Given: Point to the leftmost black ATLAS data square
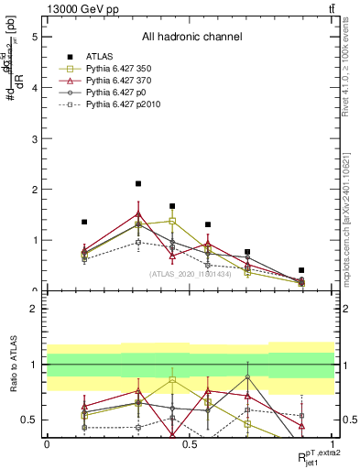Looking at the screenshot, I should [84, 222].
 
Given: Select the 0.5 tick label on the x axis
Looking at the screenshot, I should [190, 443].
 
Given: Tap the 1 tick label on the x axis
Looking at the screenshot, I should [333, 443].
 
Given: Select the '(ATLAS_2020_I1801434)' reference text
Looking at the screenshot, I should [191, 273].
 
